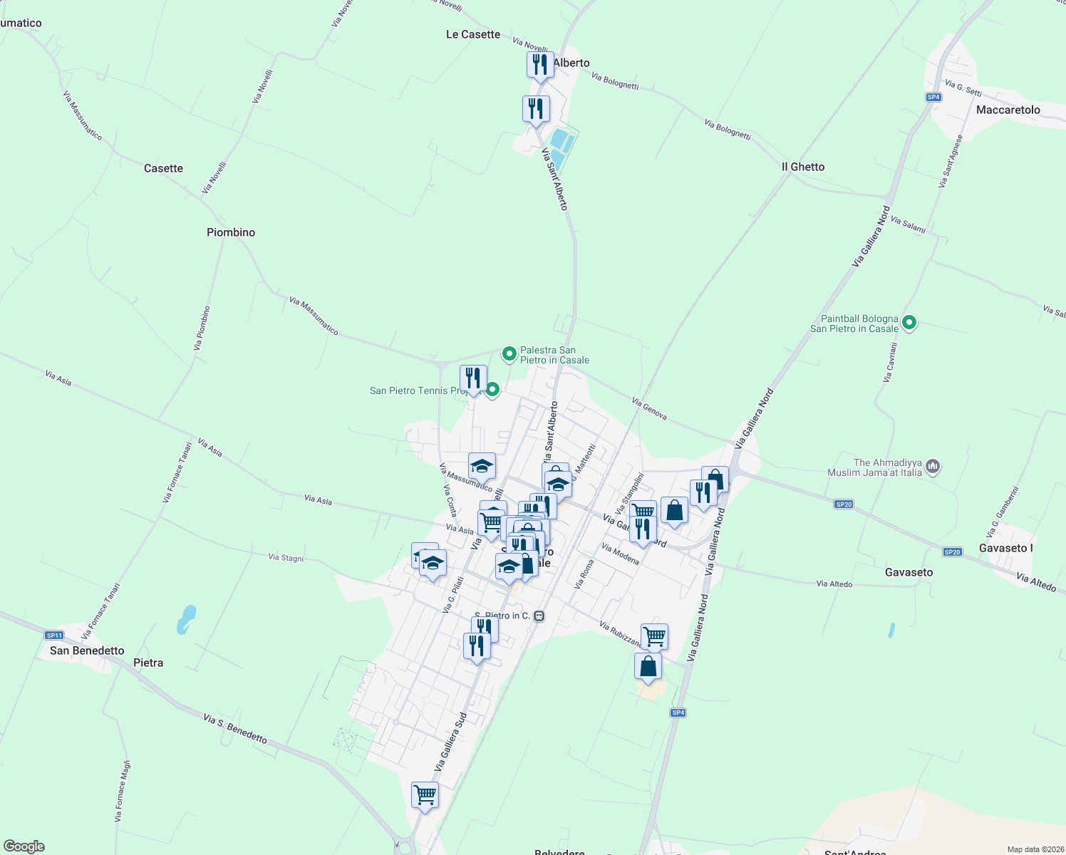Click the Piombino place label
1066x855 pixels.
(231, 232)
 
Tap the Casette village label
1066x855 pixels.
(163, 168)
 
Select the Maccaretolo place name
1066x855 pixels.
(1008, 110)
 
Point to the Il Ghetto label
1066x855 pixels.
(803, 167)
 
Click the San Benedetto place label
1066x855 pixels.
(87, 651)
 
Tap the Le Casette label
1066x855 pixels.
(473, 34)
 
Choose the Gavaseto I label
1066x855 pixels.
(1005, 548)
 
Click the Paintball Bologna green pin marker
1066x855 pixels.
(909, 323)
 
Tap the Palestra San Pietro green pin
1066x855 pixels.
(509, 353)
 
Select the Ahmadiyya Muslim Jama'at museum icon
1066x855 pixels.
(933, 467)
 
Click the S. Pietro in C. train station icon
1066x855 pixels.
(539, 616)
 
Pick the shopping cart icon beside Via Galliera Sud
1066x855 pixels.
(425, 794)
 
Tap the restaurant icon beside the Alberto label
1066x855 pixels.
(540, 64)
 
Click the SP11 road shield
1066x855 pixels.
(54, 635)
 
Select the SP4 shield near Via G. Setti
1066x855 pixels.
(933, 97)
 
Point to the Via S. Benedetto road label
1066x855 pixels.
(235, 729)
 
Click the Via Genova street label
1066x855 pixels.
(649, 409)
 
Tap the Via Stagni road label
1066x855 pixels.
(286, 557)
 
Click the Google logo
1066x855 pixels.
(24, 846)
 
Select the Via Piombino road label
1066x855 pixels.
(202, 328)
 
